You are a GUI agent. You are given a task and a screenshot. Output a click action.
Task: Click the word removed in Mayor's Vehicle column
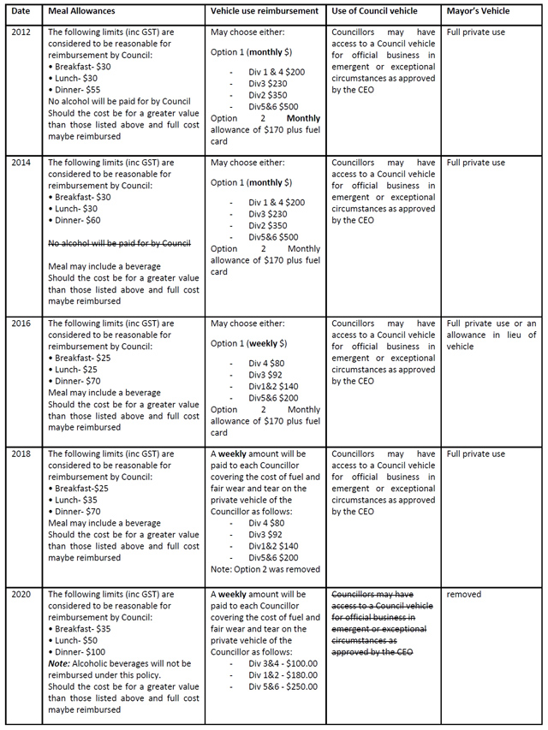(x=464, y=594)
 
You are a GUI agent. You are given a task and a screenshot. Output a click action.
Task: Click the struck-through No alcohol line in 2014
(x=119, y=242)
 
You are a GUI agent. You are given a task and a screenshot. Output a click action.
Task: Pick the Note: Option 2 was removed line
(x=265, y=569)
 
